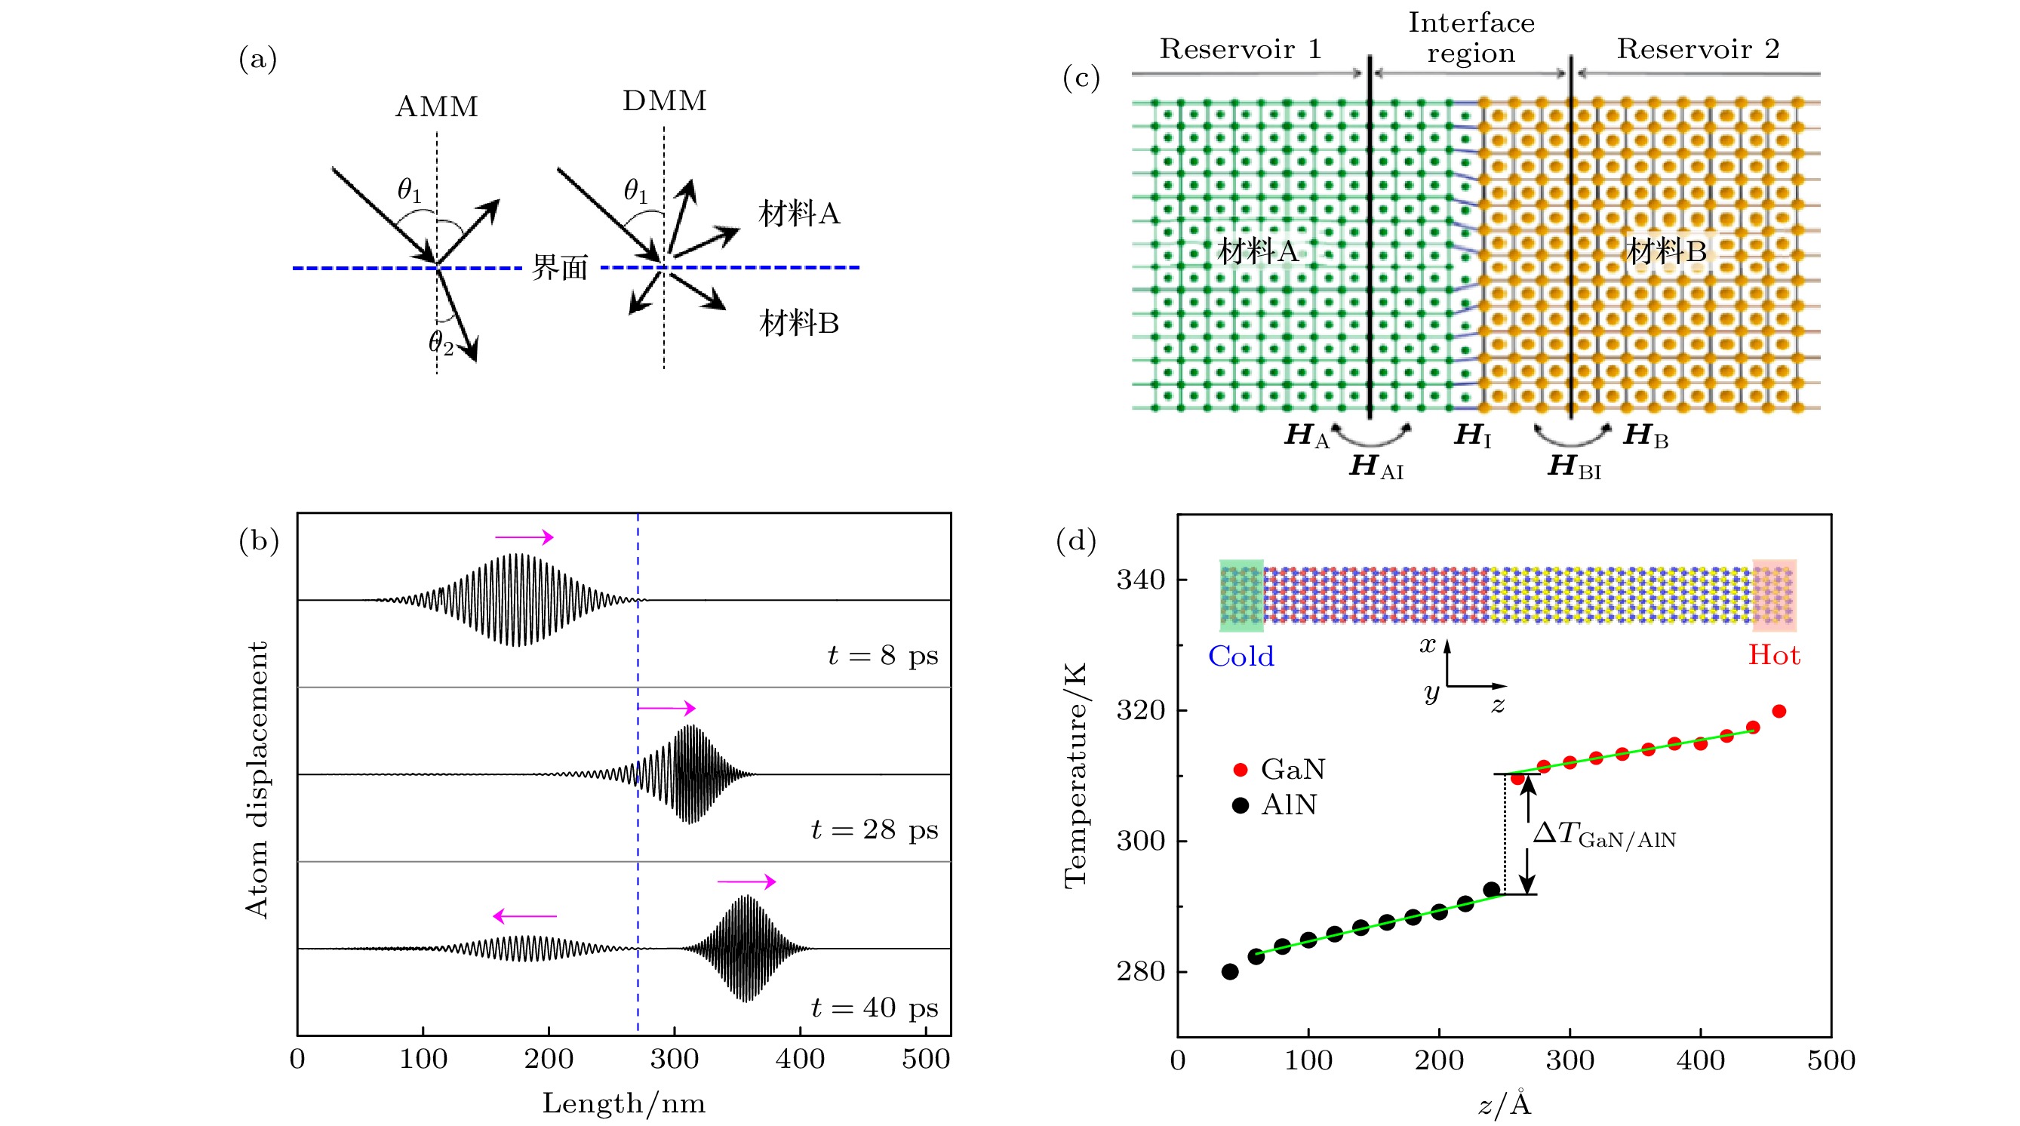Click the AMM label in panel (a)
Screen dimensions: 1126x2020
tap(437, 106)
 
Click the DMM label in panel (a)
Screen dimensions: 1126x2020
tap(664, 101)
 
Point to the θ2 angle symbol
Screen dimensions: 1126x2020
tap(441, 342)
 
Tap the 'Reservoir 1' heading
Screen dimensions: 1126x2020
tap(1241, 49)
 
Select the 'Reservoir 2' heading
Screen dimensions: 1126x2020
tap(1698, 49)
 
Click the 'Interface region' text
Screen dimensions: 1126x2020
tap(1471, 38)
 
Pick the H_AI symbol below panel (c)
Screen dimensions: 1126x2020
tap(1376, 466)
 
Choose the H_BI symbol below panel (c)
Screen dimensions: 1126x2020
tap(1575, 466)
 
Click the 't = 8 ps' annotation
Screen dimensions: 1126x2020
tap(883, 656)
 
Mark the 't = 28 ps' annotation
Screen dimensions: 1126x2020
tap(875, 829)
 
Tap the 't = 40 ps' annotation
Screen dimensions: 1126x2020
tap(875, 1008)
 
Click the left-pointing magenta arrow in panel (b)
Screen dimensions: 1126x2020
tap(524, 916)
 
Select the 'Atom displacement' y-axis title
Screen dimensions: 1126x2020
tap(257, 780)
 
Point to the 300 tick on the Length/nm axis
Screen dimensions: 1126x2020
tap(675, 1060)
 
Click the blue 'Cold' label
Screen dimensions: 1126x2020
tap(1241, 657)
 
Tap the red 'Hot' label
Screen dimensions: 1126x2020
tap(1774, 656)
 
